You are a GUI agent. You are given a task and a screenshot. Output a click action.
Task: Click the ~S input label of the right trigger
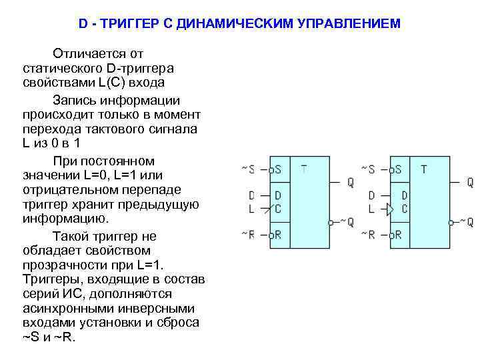367,169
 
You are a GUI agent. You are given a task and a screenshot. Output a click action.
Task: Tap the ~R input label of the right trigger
367,235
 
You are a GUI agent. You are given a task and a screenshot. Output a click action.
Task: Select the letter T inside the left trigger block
304,169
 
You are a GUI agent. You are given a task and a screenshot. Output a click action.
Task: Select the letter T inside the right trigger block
423,169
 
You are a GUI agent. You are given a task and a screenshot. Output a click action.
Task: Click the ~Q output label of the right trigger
466,223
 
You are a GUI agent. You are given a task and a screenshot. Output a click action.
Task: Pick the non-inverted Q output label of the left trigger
350,182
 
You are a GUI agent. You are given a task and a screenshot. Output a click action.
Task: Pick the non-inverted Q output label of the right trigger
470,182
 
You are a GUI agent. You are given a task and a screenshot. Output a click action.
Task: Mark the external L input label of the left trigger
251,209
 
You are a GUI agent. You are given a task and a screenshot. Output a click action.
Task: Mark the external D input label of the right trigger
371,195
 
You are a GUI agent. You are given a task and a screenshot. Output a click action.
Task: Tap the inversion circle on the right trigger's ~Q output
452,223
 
